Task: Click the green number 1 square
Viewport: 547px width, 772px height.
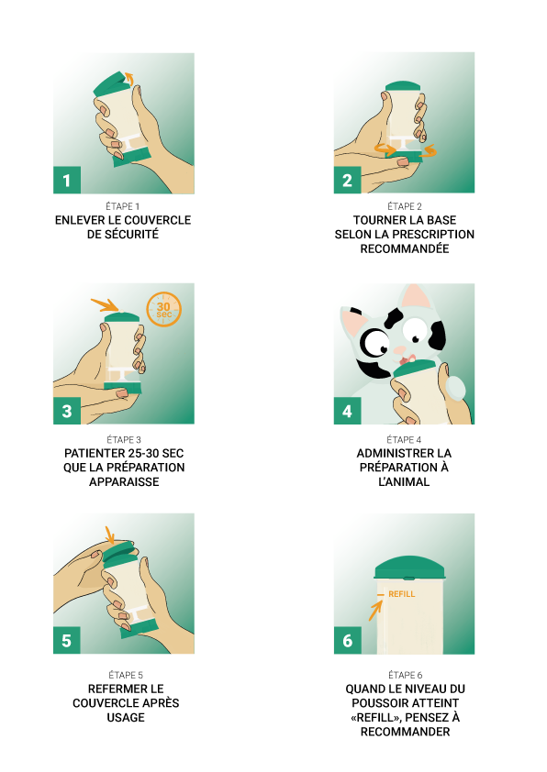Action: pos(67,181)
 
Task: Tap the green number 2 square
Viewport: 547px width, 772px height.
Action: pos(348,180)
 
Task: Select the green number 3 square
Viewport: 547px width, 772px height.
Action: pos(67,411)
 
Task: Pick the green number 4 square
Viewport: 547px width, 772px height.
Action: pos(348,411)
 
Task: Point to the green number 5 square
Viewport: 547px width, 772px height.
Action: pos(67,640)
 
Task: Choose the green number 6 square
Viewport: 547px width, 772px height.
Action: pos(348,640)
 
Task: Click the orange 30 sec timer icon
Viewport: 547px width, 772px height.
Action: pos(164,310)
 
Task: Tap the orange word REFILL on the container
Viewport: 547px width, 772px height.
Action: pos(402,594)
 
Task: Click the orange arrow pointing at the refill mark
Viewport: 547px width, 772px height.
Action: pos(375,611)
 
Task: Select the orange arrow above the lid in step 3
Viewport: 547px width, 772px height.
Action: pos(105,304)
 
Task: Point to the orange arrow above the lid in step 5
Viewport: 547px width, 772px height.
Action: pos(110,535)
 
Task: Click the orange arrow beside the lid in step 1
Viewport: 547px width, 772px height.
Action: pos(129,78)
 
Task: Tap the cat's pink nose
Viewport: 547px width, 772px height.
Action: pos(399,350)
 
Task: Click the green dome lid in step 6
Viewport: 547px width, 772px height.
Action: pos(410,568)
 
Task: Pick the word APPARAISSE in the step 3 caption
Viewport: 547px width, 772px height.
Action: pos(124,481)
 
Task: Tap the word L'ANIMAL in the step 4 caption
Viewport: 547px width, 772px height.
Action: pos(404,481)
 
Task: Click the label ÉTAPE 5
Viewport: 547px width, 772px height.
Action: pos(126,675)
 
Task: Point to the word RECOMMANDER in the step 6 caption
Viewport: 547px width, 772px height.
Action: pos(405,732)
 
